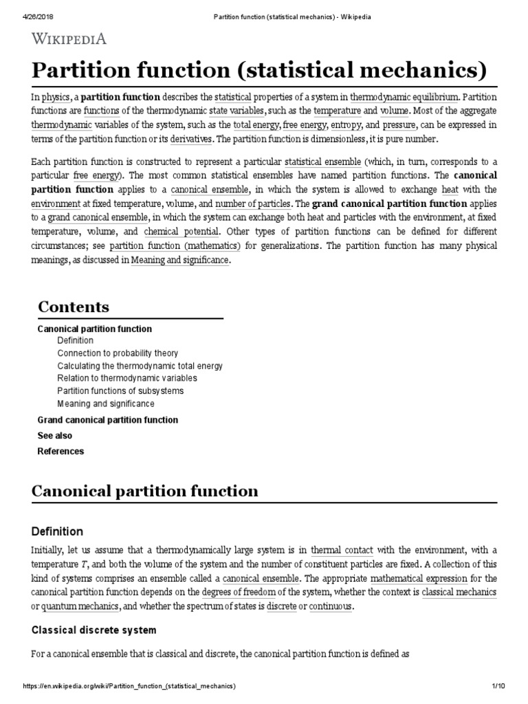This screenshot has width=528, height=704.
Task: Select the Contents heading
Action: point(74,307)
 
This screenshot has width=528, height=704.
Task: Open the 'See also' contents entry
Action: point(54,436)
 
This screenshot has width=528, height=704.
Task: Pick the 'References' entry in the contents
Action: point(60,452)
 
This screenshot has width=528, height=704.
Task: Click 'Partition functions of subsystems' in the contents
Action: point(120,391)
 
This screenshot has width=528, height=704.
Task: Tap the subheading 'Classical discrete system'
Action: point(94,630)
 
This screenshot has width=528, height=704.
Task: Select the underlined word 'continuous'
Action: point(331,607)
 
